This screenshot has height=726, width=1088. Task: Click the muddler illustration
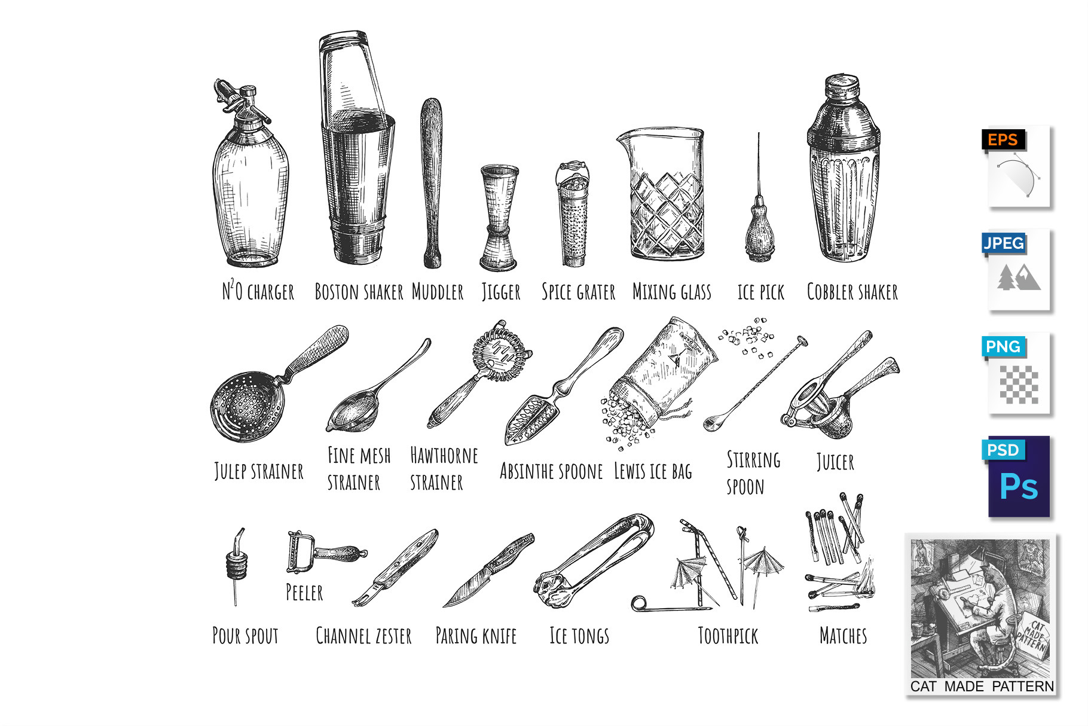point(431,183)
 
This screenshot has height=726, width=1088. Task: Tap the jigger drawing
point(499,218)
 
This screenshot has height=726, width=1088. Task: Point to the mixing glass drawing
point(662,194)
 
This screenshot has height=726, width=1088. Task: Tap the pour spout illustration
point(236,565)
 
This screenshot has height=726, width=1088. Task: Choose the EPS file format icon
point(1016,167)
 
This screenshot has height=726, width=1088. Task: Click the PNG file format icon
point(1016,374)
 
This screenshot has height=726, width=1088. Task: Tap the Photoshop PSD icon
point(1016,477)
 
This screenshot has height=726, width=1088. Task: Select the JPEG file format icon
point(1016,270)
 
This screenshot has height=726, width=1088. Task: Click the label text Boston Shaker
point(359,292)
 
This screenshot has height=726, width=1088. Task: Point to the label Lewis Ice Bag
point(653,471)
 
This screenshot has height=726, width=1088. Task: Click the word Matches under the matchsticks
point(843,635)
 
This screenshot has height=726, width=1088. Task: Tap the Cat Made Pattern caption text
point(982,686)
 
